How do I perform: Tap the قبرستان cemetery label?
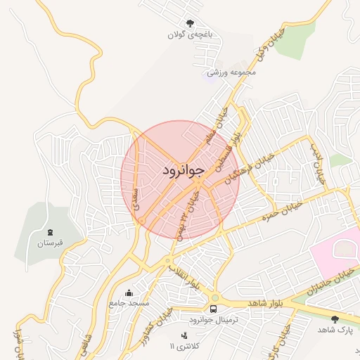(50, 243)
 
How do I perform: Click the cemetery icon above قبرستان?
(50, 232)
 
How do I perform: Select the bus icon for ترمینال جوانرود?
(213, 309)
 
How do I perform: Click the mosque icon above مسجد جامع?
(129, 292)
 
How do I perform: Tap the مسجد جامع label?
(129, 303)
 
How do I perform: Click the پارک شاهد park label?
(334, 330)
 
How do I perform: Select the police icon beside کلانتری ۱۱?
(184, 336)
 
